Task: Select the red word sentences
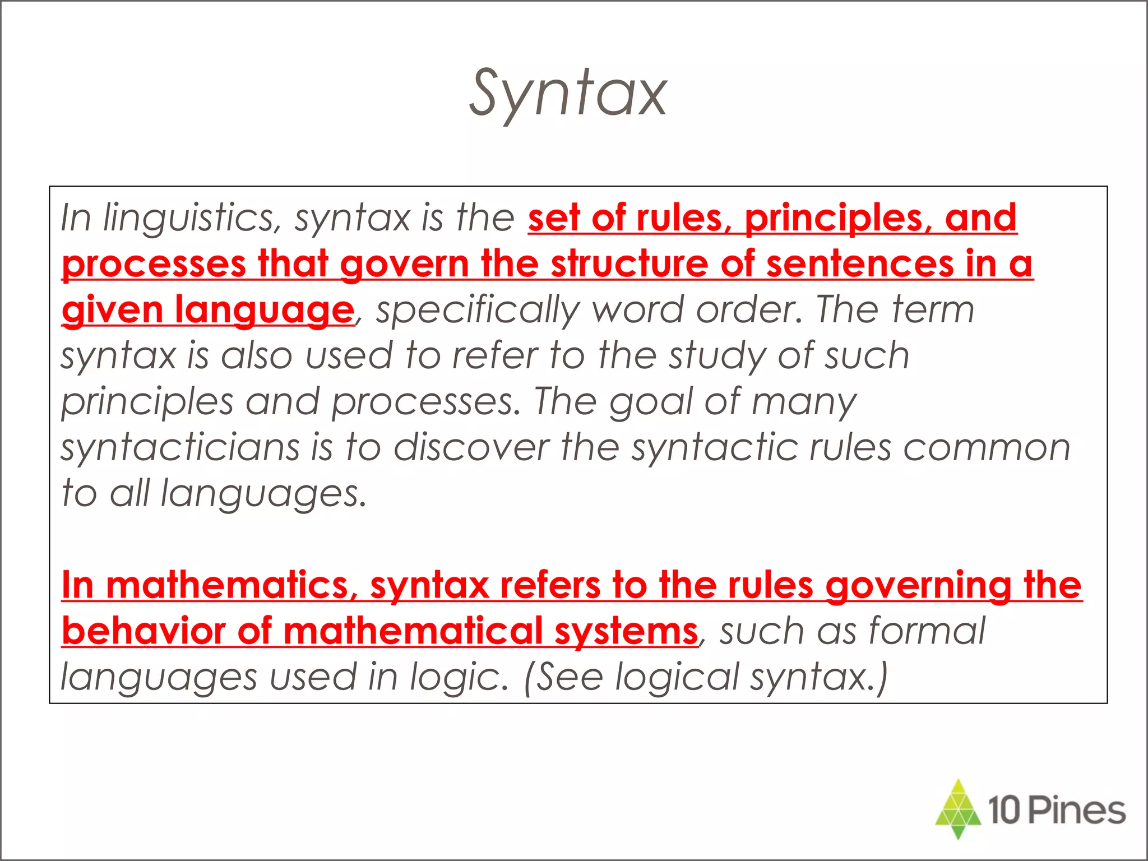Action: tap(860, 264)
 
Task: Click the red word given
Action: tap(112, 310)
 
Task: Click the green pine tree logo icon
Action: tap(958, 808)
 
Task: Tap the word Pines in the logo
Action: tap(1077, 811)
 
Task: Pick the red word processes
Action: tap(154, 264)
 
